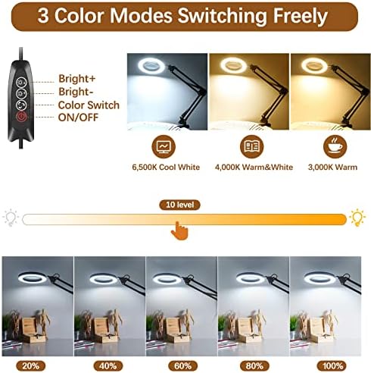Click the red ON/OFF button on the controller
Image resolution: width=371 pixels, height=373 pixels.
22,117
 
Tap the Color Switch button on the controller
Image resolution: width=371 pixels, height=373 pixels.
22,105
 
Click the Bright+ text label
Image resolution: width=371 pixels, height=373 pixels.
77,79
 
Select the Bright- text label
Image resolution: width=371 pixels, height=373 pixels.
76,92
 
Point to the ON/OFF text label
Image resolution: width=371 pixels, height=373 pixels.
78,118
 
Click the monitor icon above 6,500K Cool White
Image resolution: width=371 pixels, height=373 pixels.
164,146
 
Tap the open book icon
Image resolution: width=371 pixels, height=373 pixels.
251,146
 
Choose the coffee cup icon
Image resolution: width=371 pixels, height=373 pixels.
335,146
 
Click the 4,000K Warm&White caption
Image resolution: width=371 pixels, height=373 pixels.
254,167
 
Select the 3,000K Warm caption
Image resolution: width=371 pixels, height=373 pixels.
332,167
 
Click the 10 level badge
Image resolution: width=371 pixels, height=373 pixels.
179,205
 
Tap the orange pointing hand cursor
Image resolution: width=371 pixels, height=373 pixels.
179,230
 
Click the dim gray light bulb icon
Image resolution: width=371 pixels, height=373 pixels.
11,218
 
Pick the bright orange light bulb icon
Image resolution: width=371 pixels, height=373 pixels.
357,218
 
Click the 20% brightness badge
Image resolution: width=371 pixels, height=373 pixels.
31,365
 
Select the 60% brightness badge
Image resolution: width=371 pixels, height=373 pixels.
182,365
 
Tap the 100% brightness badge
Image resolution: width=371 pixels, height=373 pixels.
332,365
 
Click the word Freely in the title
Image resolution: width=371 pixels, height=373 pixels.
301,16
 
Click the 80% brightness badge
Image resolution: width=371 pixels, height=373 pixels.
254,365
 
